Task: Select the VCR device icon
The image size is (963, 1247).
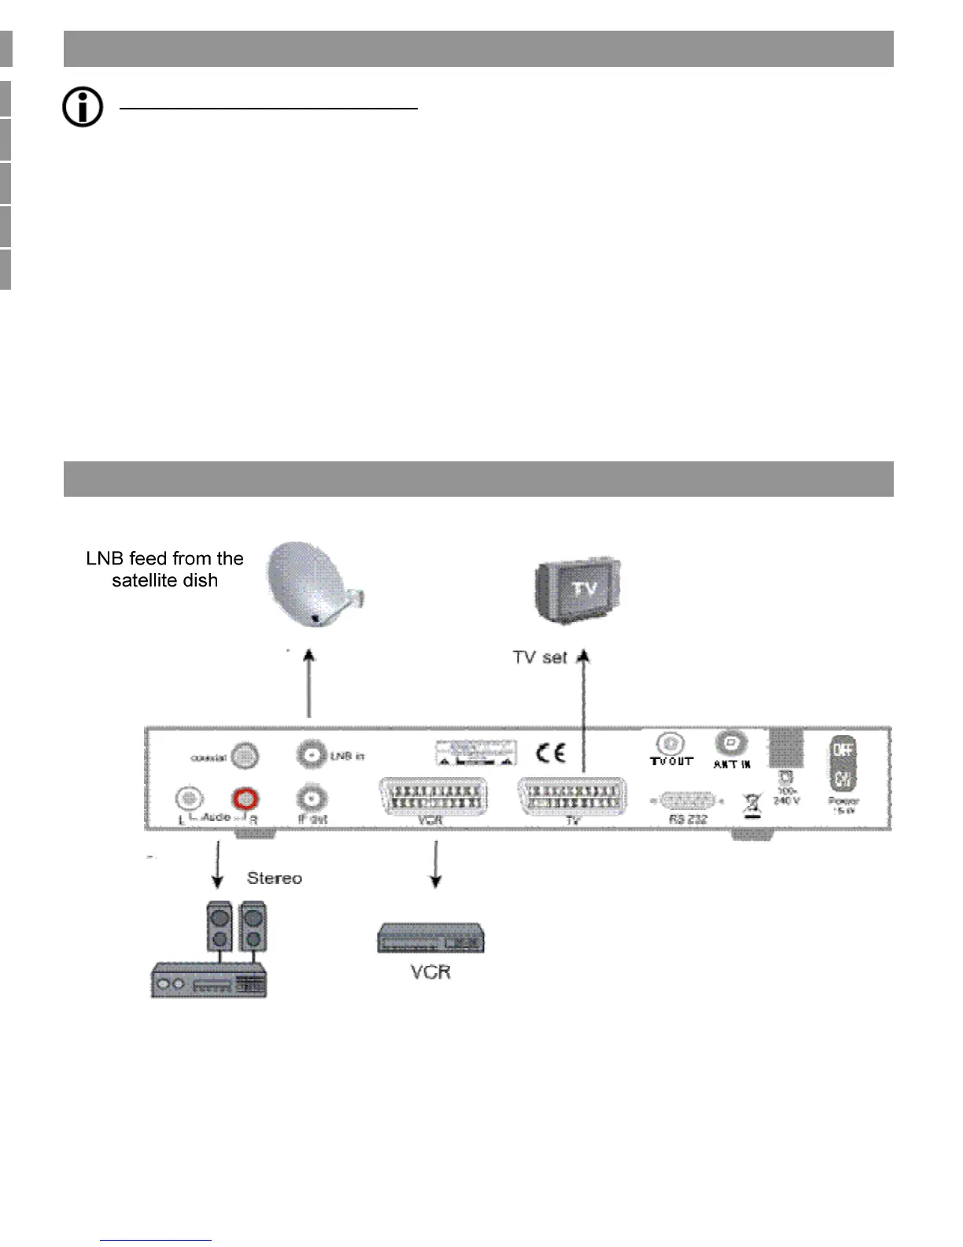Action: pyautogui.click(x=430, y=938)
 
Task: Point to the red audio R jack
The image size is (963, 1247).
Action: pyautogui.click(x=245, y=799)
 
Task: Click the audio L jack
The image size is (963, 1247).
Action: pyautogui.click(x=188, y=798)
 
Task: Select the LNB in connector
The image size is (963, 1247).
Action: pyautogui.click(x=312, y=756)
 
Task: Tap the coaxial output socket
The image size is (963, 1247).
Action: pyautogui.click(x=245, y=757)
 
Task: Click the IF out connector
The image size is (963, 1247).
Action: pyautogui.click(x=312, y=800)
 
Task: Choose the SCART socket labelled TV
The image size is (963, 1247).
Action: pyautogui.click(x=572, y=796)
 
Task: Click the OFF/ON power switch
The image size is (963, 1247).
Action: pyautogui.click(x=843, y=764)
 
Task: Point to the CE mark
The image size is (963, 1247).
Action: pyautogui.click(x=551, y=753)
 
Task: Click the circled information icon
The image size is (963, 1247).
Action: pyautogui.click(x=83, y=107)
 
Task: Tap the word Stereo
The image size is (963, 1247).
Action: pyautogui.click(x=274, y=878)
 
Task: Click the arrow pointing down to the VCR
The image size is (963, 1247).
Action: pyautogui.click(x=435, y=864)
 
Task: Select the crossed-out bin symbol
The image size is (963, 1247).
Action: pyautogui.click(x=752, y=805)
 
